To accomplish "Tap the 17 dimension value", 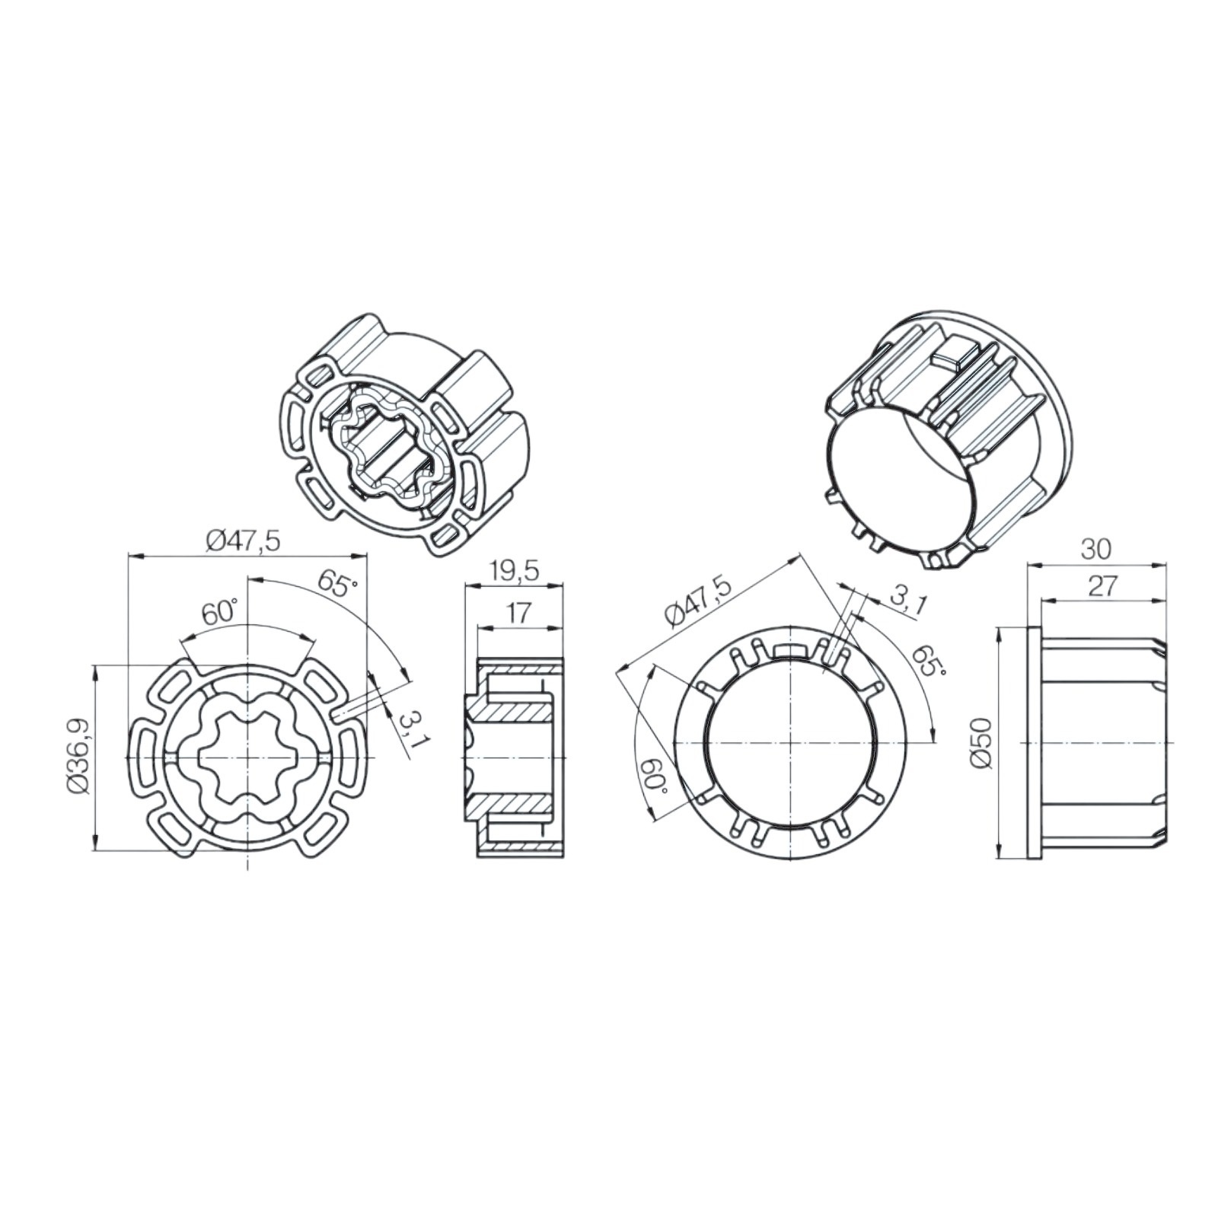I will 518,614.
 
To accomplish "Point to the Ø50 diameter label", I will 983,743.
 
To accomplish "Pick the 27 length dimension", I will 1102,586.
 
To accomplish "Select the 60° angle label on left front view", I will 220,613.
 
